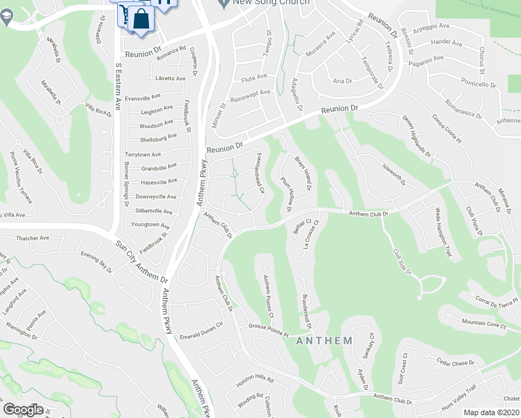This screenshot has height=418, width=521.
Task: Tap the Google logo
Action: (x=24, y=409)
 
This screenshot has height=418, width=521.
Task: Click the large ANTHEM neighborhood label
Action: (x=324, y=341)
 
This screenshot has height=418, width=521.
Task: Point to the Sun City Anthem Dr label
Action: (x=139, y=254)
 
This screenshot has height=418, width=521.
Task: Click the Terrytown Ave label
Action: (x=142, y=154)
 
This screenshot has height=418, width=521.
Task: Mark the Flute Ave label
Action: (x=254, y=77)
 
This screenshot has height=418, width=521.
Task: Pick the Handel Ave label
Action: (x=446, y=42)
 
